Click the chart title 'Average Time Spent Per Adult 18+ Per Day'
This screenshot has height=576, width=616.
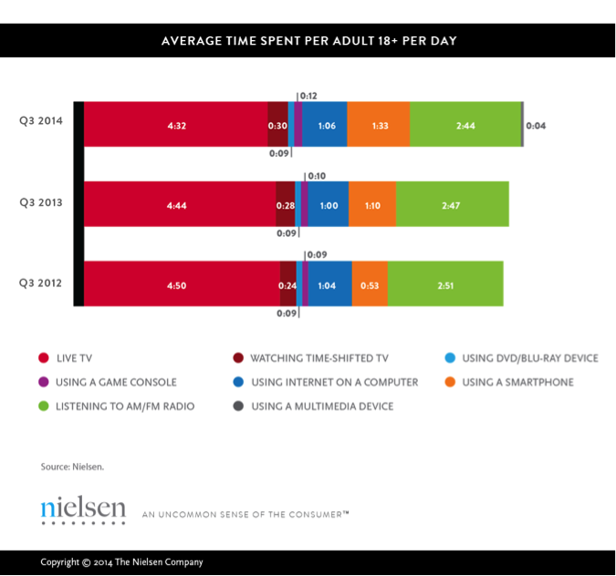[308, 41]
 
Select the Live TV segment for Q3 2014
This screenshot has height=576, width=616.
[176, 124]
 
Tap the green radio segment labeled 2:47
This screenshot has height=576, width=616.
[452, 205]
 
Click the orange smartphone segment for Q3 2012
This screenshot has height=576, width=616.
[370, 283]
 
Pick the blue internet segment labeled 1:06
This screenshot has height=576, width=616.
[324, 124]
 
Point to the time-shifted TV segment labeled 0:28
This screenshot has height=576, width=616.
[285, 205]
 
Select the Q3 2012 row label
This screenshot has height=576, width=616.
[41, 283]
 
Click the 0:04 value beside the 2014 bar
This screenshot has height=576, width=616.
[537, 125]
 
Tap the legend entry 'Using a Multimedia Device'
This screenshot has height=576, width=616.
[321, 406]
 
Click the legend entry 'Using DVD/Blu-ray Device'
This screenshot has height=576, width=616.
[529, 358]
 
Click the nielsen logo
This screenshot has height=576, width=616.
[83, 511]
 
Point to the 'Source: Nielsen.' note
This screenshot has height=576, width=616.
[73, 467]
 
